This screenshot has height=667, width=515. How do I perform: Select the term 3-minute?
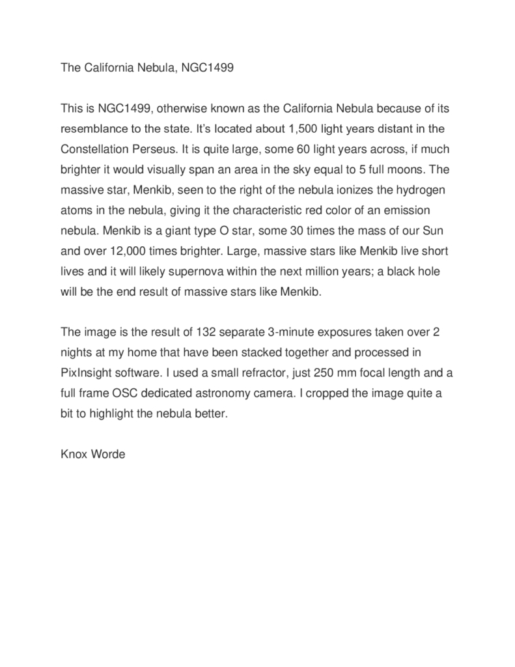point(289,332)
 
